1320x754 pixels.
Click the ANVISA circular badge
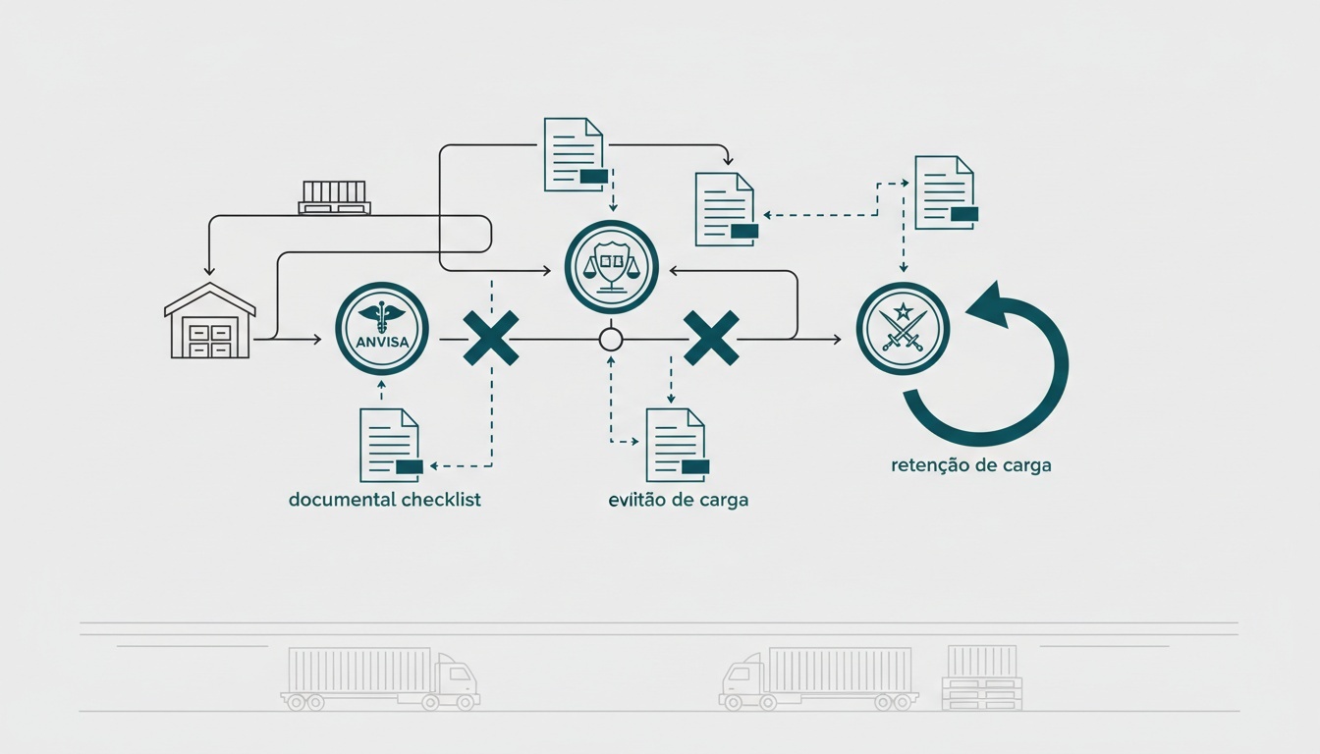(x=382, y=328)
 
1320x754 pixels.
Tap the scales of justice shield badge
(x=611, y=267)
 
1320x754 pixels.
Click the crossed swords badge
(x=903, y=328)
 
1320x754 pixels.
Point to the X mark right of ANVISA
(x=491, y=338)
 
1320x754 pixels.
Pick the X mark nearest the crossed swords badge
(x=711, y=338)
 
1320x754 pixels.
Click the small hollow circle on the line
(x=611, y=340)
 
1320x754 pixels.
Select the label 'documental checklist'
(x=385, y=500)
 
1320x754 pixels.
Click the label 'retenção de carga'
(x=971, y=465)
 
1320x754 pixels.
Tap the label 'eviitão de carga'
(x=679, y=500)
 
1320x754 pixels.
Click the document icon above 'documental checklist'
(x=391, y=446)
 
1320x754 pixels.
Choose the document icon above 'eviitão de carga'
(x=678, y=446)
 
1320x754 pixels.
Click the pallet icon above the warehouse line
(x=334, y=197)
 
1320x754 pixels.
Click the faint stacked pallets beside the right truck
(x=982, y=677)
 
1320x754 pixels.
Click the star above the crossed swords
(x=903, y=310)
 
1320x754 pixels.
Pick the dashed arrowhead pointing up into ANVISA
(x=381, y=385)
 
